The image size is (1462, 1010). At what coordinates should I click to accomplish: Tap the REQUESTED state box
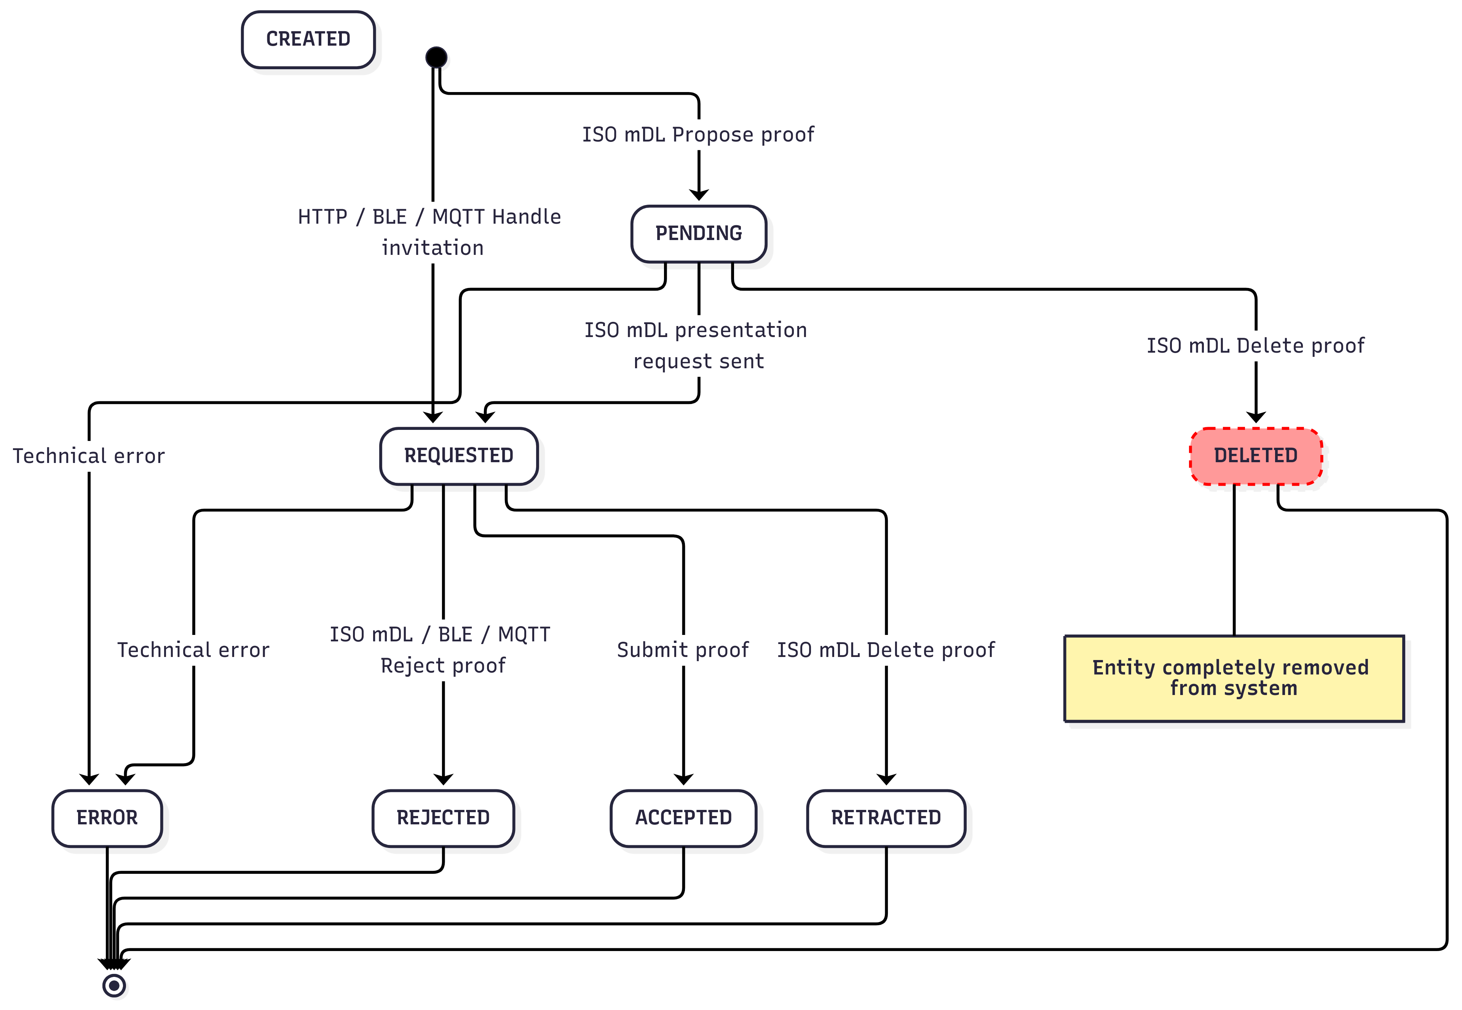458,456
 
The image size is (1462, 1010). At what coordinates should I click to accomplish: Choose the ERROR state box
107,818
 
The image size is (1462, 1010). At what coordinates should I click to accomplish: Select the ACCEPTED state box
683,818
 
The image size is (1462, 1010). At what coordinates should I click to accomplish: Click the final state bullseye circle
114,985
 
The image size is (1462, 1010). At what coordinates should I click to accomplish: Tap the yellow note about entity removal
1234,678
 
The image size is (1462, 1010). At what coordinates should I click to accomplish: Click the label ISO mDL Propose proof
698,135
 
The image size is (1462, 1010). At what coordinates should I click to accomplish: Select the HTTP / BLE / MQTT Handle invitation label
430,232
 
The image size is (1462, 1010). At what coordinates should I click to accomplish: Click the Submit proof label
683,650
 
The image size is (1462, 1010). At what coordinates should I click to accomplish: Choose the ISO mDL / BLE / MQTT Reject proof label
441,650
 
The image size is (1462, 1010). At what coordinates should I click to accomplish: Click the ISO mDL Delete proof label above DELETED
1255,345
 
